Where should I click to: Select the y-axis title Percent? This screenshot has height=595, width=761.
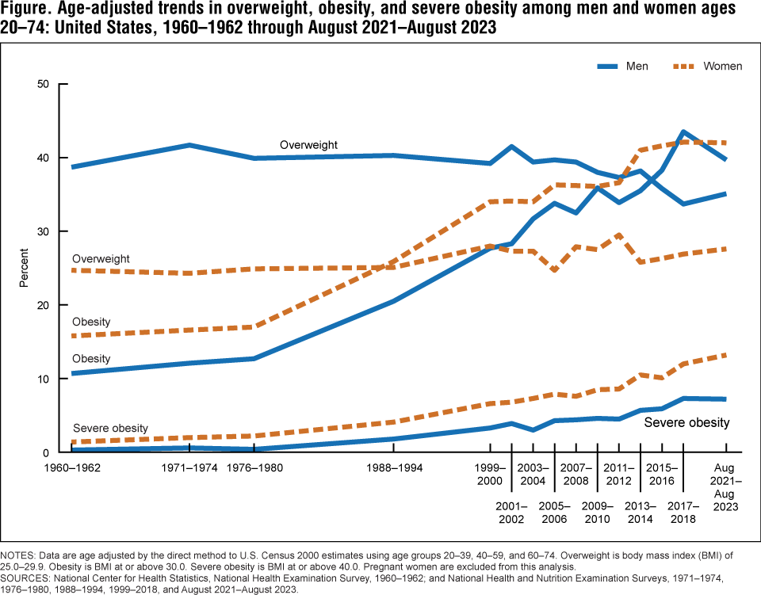[25, 269]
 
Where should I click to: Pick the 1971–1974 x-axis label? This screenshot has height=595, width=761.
[189, 467]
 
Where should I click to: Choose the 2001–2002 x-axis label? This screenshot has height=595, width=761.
[511, 512]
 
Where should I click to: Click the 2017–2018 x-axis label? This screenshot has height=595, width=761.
[683, 512]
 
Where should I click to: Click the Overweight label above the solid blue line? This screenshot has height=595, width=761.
[308, 145]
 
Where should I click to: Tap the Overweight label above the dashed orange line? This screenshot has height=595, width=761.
[101, 259]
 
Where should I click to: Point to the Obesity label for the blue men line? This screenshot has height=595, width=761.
[91, 359]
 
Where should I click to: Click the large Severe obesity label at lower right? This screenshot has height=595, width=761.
[686, 422]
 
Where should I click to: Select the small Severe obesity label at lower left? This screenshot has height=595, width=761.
[110, 429]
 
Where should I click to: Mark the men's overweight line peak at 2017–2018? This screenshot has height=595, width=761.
[683, 132]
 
